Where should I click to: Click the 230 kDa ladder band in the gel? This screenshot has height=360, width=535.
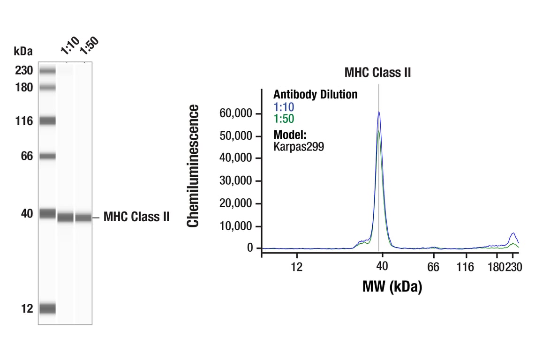coord(47,71)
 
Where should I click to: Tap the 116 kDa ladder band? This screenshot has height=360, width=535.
coord(47,121)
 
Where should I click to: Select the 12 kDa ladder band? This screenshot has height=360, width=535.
coord(47,308)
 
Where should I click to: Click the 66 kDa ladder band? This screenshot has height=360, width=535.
coord(47,156)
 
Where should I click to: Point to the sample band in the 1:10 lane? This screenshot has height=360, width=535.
coord(66,217)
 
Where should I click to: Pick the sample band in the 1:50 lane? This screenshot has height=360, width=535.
coord(83,217)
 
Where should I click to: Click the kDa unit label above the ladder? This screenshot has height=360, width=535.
coord(23,51)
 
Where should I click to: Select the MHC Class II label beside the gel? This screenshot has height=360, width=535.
coord(136,217)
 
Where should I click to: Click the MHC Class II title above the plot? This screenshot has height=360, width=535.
coord(377,73)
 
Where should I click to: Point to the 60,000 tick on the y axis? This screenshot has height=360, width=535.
coord(236,113)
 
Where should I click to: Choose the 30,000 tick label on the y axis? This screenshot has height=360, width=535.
coord(236,181)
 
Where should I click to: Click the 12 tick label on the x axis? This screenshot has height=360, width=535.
coord(296,267)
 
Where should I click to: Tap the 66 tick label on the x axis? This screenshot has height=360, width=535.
coord(433,267)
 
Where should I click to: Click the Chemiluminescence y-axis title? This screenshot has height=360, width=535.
coord(193,166)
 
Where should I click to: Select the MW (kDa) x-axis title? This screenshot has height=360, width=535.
coord(392,286)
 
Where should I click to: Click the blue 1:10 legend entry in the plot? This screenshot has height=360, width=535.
coord(284,107)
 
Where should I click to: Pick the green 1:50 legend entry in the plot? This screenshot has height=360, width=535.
coord(284,119)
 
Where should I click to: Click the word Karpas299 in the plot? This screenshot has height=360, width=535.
coord(299,147)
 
